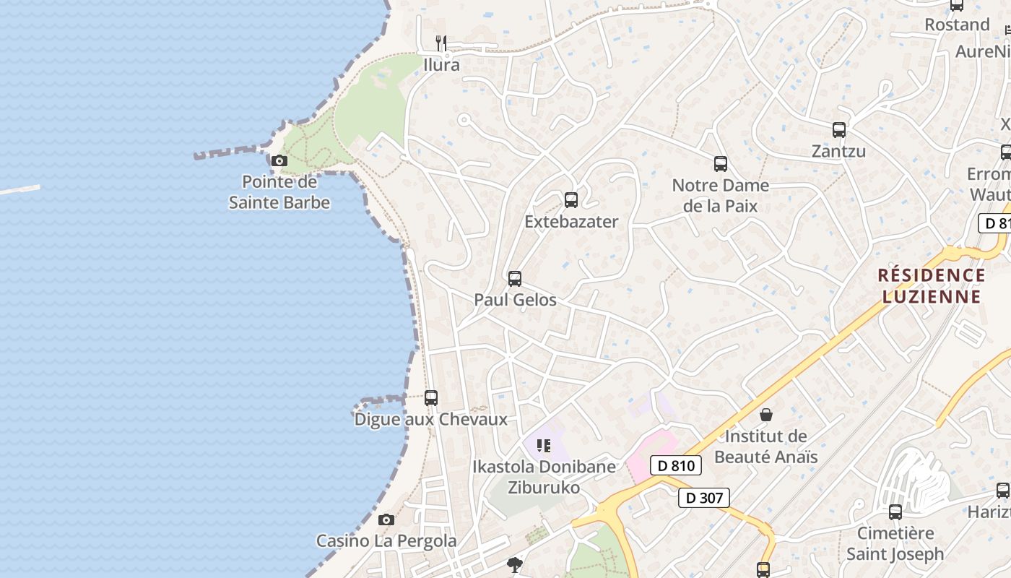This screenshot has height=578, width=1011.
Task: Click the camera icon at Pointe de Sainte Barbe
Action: pyautogui.click(x=279, y=160)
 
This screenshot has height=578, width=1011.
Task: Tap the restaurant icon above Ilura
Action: pyautogui.click(x=441, y=43)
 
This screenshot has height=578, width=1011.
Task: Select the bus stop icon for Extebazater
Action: pyautogui.click(x=571, y=200)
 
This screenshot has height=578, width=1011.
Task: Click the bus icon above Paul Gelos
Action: pyautogui.click(x=515, y=279)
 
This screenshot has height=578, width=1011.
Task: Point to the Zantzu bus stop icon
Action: pyautogui.click(x=838, y=130)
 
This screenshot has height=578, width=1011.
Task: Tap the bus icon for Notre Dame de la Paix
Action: pyautogui.click(x=720, y=164)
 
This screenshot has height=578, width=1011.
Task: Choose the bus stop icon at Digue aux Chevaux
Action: pyautogui.click(x=431, y=397)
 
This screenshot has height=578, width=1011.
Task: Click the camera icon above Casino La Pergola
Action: pyautogui.click(x=386, y=519)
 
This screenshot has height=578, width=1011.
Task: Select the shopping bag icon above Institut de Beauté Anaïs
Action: pyautogui.click(x=766, y=415)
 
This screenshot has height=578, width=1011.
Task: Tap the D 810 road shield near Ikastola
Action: pyautogui.click(x=676, y=465)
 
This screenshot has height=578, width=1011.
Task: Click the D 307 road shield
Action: pyautogui.click(x=703, y=497)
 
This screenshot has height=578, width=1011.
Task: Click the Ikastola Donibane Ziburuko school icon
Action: pyautogui.click(x=544, y=445)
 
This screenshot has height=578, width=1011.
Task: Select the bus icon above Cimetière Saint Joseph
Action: pyautogui.click(x=895, y=512)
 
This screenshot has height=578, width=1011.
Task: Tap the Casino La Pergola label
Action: pyautogui.click(x=386, y=540)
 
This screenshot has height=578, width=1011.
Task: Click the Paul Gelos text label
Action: pyautogui.click(x=515, y=299)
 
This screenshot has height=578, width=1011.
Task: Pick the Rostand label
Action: pyautogui.click(x=957, y=25)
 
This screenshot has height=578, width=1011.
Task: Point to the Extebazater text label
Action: pyautogui.click(x=571, y=221)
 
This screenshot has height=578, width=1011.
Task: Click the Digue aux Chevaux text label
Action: pyautogui.click(x=431, y=419)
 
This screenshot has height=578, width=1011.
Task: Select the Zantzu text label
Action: pyautogui.click(x=838, y=151)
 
